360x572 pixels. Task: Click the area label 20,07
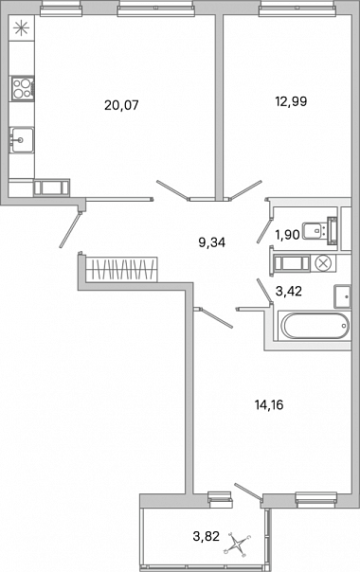pyautogui.click(x=121, y=105)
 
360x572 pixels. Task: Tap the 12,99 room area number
pyautogui.click(x=291, y=101)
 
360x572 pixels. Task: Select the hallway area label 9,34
pyautogui.click(x=212, y=242)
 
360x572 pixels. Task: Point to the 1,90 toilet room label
pyautogui.click(x=288, y=235)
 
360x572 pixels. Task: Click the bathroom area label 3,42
pyautogui.click(x=288, y=291)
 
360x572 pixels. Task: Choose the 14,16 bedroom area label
pyautogui.click(x=269, y=404)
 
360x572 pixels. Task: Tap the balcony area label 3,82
pyautogui.click(x=207, y=536)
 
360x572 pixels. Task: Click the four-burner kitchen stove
pyautogui.click(x=23, y=88)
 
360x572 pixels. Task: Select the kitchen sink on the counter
pyautogui.click(x=22, y=140)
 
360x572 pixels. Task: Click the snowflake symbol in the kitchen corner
pyautogui.click(x=21, y=28)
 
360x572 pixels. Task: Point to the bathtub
pyautogui.click(x=314, y=326)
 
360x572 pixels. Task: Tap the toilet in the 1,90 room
pyautogui.click(x=320, y=230)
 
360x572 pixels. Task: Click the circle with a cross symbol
pyautogui.click(x=323, y=262)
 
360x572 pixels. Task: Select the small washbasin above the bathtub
pyautogui.click(x=342, y=296)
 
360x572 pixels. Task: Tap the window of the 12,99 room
pyautogui.click(x=297, y=8)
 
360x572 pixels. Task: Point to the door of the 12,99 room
pyautogui.click(x=243, y=189)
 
